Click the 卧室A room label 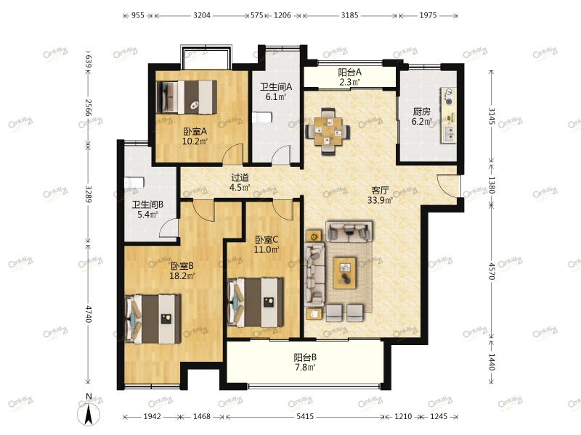[195, 131]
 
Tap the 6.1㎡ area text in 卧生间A [276, 97]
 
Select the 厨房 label [421, 112]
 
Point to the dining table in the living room [328, 131]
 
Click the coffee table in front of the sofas [344, 273]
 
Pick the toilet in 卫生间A [262, 117]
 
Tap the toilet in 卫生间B [134, 183]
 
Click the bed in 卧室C [256, 302]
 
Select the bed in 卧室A [187, 97]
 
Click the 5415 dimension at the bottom [304, 416]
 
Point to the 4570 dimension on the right [492, 271]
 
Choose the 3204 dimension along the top [202, 15]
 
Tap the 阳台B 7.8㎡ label [305, 362]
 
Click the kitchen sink [448, 134]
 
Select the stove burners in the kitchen [448, 97]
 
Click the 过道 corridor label [240, 178]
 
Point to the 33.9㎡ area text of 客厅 [380, 201]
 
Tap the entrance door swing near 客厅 [448, 184]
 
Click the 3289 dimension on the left [89, 194]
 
